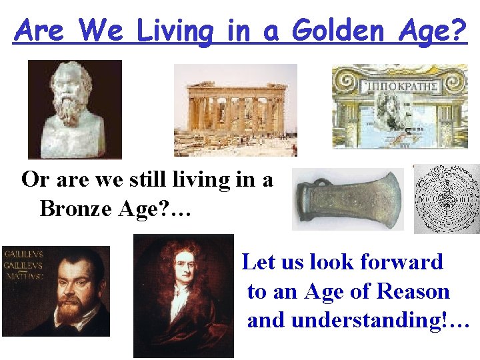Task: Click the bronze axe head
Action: point(347,199)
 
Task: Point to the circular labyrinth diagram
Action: point(446,198)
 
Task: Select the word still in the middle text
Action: point(164,179)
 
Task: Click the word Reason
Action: point(413,291)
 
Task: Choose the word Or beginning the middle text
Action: point(33,179)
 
